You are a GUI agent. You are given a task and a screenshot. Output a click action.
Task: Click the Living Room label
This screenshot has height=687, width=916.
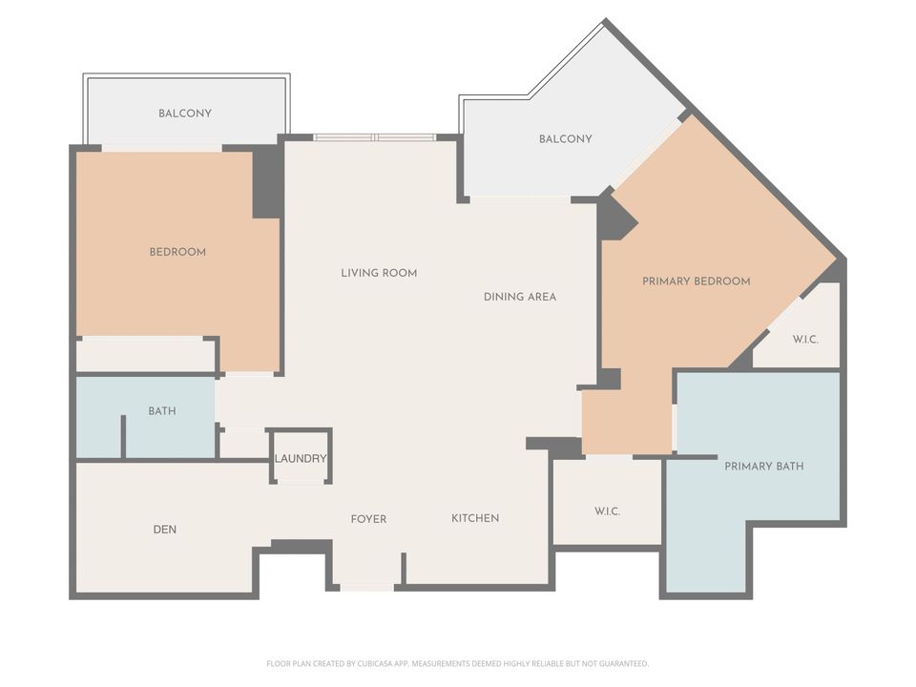(x=379, y=273)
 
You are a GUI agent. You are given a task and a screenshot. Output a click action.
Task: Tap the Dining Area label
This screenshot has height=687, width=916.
(x=519, y=297)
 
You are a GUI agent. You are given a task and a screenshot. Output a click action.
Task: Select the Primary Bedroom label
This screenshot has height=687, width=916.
(x=696, y=281)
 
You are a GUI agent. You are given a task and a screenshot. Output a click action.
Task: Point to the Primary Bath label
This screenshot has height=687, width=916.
(x=763, y=467)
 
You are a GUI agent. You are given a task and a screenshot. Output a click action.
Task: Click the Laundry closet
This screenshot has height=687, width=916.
(x=301, y=458)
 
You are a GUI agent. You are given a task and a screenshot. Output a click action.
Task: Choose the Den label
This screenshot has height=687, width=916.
(x=165, y=530)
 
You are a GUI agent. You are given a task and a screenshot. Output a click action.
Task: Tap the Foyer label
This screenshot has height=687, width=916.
(x=368, y=519)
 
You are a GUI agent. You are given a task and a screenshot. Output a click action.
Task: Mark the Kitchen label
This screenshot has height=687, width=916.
(x=475, y=518)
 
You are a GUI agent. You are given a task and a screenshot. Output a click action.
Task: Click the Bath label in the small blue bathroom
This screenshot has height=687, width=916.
(x=162, y=411)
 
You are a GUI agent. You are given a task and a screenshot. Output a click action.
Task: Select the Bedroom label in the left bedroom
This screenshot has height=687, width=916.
(x=177, y=252)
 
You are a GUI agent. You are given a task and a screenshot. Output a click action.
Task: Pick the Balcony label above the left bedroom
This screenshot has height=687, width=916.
(x=185, y=114)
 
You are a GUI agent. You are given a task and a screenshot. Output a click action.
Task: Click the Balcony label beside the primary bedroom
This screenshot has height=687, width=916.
(x=565, y=139)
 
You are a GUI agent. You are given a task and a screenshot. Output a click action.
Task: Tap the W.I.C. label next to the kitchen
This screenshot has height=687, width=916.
(x=608, y=511)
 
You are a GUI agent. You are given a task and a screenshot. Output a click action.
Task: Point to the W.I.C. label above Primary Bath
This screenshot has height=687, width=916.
(x=805, y=340)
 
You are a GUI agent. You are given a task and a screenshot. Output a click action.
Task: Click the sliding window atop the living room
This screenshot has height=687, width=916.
(x=375, y=137)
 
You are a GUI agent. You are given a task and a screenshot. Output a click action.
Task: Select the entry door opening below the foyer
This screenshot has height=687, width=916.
(x=366, y=586)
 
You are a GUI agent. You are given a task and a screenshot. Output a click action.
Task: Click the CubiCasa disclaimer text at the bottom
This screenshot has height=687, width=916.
(x=457, y=663)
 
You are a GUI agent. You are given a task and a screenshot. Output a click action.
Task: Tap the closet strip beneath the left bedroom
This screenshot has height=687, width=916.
(x=145, y=355)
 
